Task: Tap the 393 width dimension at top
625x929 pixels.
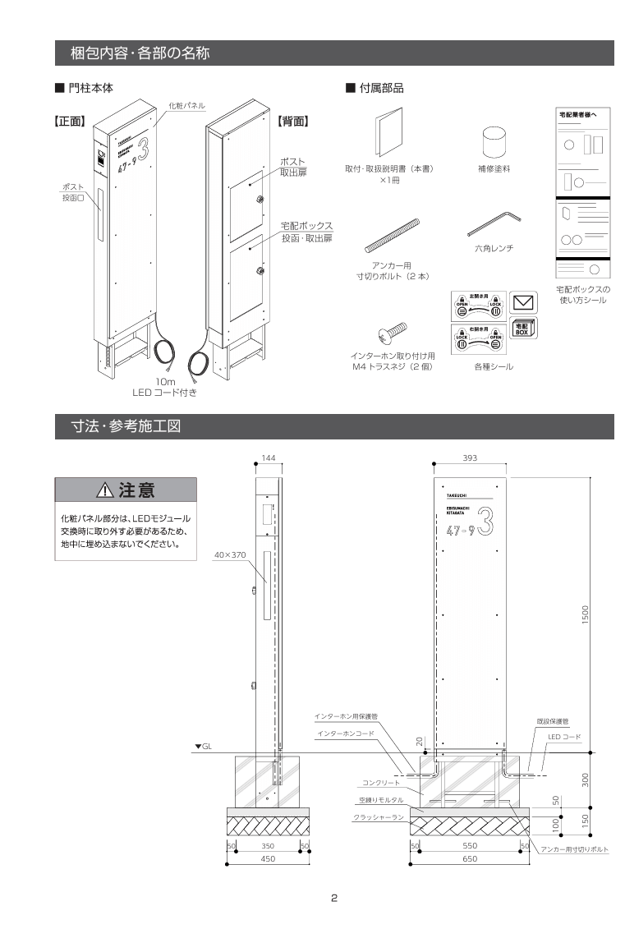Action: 471,458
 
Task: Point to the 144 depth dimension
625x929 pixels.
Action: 268,458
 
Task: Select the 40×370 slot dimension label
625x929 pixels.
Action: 230,555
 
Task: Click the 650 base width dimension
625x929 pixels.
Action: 470,858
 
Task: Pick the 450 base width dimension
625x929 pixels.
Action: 268,858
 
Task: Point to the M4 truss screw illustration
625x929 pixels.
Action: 392,333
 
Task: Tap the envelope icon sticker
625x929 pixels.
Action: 523,301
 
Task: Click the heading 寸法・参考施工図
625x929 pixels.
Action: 126,426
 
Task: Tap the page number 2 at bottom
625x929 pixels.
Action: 334,898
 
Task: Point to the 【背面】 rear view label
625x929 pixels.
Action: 292,121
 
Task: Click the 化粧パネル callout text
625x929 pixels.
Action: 186,105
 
